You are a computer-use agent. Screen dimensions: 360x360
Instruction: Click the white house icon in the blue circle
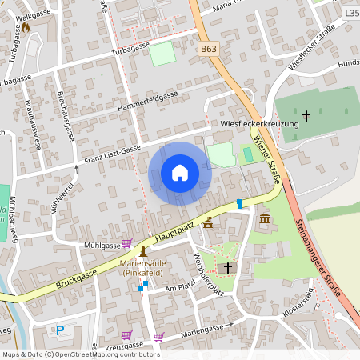[x=180, y=173]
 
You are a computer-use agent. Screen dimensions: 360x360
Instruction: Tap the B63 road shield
[x=209, y=49]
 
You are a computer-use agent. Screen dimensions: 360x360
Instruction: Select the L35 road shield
[x=351, y=14]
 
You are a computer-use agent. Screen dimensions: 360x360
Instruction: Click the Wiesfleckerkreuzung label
[x=254, y=124]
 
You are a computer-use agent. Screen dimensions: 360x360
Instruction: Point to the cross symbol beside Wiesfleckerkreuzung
[x=306, y=117]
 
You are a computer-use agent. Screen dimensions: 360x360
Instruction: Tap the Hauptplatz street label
[x=176, y=232]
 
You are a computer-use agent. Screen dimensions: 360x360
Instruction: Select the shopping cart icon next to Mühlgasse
[x=126, y=243]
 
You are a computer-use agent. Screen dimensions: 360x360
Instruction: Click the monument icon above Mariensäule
[x=143, y=252]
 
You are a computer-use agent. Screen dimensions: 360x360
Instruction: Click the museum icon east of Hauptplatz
[x=265, y=219]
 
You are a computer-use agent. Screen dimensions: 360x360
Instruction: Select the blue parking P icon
[x=60, y=330]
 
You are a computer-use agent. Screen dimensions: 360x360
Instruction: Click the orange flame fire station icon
[x=25, y=26]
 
